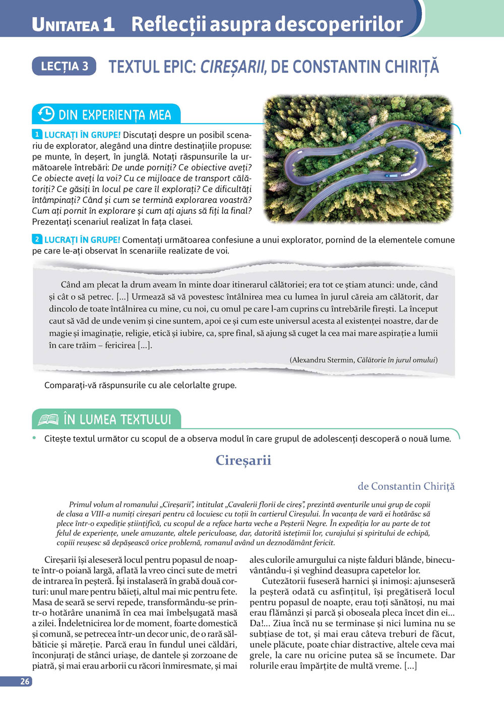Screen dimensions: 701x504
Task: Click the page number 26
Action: coord(25,681)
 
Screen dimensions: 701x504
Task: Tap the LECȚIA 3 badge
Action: coord(64,66)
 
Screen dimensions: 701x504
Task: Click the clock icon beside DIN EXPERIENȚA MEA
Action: coord(46,114)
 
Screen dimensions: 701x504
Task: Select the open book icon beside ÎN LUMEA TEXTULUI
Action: coord(48,419)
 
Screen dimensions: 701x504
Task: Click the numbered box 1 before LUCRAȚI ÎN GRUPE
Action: coord(37,135)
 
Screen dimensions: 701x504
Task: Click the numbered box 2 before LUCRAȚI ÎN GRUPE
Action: coord(37,240)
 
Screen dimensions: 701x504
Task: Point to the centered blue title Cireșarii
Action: coord(243,460)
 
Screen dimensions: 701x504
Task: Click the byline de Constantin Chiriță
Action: coord(406,486)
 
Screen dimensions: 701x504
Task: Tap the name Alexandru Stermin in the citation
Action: coord(323,360)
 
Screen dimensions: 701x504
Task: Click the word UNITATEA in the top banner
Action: coord(66,25)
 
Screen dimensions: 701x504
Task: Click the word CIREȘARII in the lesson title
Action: coord(233,67)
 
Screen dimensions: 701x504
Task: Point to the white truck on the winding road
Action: coord(391,176)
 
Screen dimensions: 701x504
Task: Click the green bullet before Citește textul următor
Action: coord(35,438)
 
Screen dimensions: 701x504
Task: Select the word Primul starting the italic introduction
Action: coord(81,504)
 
